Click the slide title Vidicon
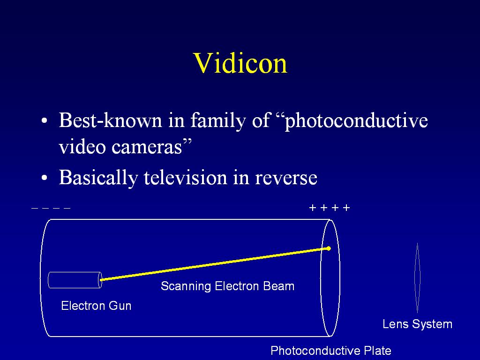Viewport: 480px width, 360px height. (x=240, y=63)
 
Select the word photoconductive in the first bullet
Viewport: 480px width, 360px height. (x=356, y=121)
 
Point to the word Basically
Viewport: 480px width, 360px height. (x=98, y=178)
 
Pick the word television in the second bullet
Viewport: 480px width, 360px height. (x=186, y=177)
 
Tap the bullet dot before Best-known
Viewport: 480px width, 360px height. (x=45, y=120)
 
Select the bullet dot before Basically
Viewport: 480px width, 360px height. (x=45, y=178)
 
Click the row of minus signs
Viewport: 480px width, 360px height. (x=51, y=208)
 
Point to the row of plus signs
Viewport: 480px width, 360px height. (x=330, y=208)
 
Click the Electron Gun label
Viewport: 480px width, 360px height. (x=96, y=306)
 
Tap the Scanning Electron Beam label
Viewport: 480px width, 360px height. (x=227, y=286)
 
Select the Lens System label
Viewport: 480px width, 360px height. (x=417, y=324)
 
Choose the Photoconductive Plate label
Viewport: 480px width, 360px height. (x=331, y=351)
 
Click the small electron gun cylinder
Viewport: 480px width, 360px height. (x=75, y=280)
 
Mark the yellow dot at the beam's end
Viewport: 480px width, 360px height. (x=329, y=248)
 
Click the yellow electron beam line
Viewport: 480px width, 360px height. (x=215, y=264)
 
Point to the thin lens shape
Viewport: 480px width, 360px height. (x=417, y=277)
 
